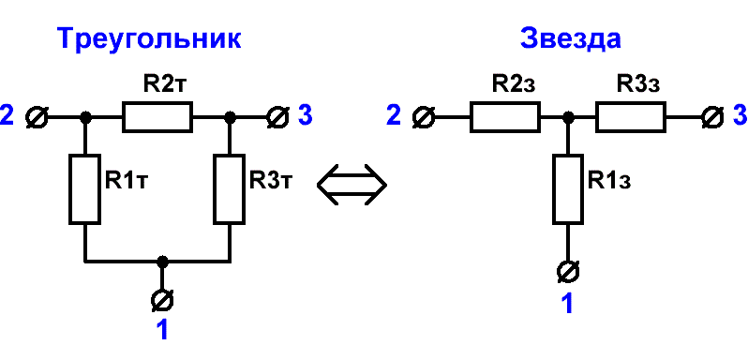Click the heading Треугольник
pyautogui.click(x=149, y=39)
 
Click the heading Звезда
pyautogui.click(x=571, y=37)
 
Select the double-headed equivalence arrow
pyautogui.click(x=352, y=185)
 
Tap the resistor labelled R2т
pyautogui.click(x=157, y=116)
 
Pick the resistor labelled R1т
pyautogui.click(x=85, y=188)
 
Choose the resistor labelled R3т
pyautogui.click(x=231, y=188)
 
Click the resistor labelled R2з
pyautogui.click(x=505, y=117)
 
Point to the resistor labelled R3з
pyautogui.click(x=631, y=117)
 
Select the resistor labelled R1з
pyautogui.click(x=568, y=188)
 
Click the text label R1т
pyautogui.click(x=125, y=181)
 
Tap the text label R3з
pyautogui.click(x=638, y=84)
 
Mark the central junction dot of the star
pyautogui.click(x=568, y=117)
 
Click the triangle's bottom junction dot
pyautogui.click(x=163, y=262)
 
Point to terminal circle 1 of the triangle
pyautogui.click(x=163, y=300)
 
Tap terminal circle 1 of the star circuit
pyautogui.click(x=568, y=271)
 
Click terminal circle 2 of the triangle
pyautogui.click(x=37, y=117)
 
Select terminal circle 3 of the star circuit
pyautogui.click(x=713, y=117)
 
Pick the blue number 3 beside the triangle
pyautogui.click(x=306, y=116)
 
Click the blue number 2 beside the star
pyautogui.click(x=394, y=116)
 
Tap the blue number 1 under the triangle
pyautogui.click(x=163, y=329)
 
